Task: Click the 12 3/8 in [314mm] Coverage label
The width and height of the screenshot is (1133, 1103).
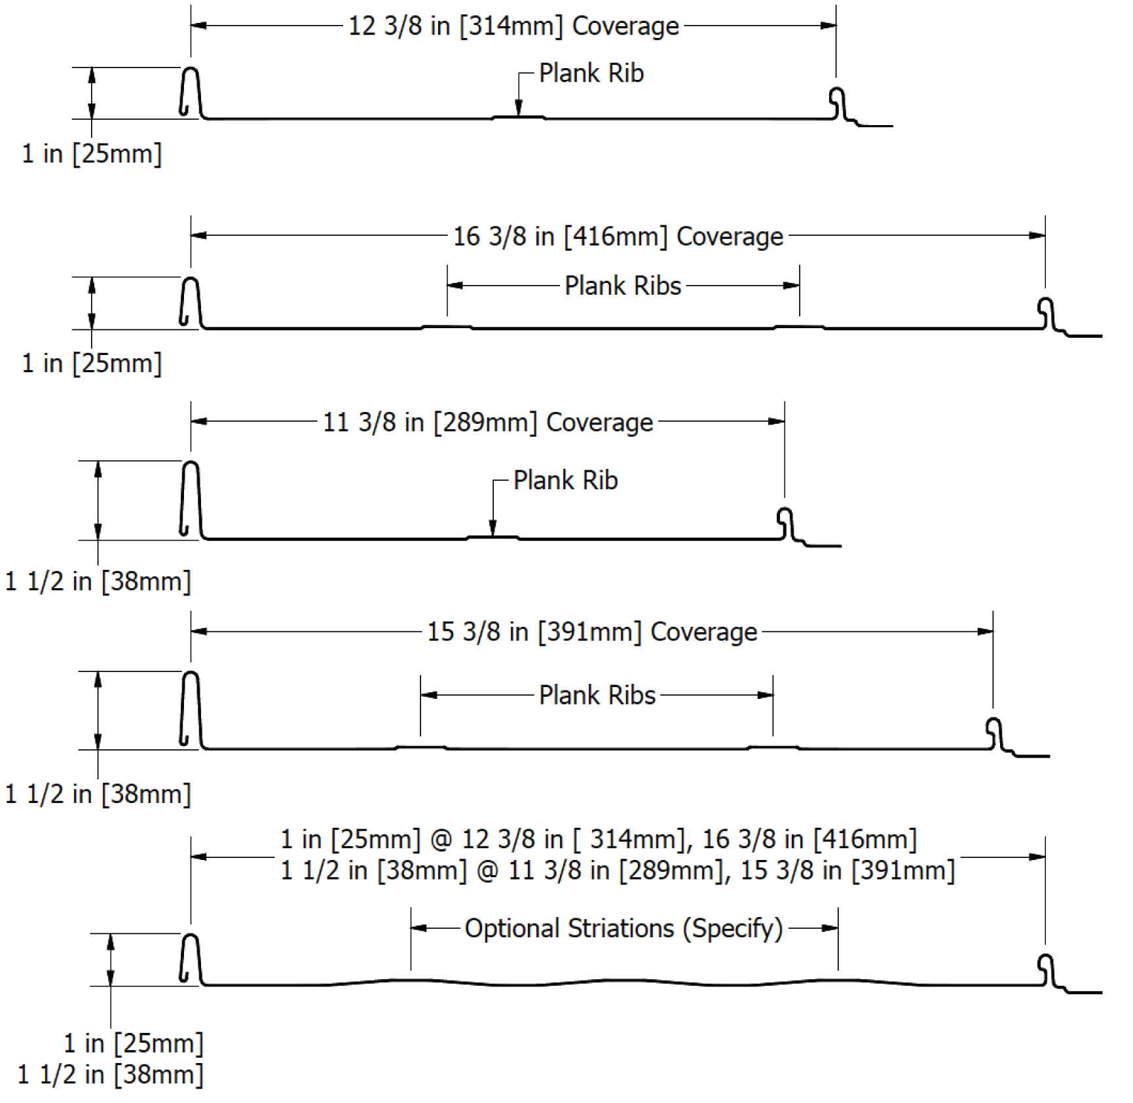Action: click(x=514, y=26)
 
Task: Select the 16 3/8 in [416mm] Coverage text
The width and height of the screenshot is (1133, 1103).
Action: click(x=618, y=236)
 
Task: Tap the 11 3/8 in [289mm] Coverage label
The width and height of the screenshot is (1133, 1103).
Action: click(x=488, y=422)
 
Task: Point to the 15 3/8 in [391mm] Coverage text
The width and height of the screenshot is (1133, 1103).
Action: click(x=592, y=632)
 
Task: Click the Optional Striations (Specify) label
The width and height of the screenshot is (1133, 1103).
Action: click(x=623, y=929)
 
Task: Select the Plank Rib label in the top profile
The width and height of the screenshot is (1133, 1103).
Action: click(x=591, y=73)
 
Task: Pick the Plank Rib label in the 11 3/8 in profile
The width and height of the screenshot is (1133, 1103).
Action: click(x=565, y=481)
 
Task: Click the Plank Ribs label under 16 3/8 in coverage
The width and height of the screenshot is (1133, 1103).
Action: click(x=623, y=286)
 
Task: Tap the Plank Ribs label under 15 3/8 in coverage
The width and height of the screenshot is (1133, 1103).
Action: click(x=597, y=695)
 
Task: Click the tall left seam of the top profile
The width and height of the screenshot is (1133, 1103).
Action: click(x=191, y=92)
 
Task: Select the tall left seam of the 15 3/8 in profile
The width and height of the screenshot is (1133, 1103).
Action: click(x=191, y=709)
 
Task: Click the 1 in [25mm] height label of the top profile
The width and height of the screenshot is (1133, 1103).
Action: click(x=92, y=154)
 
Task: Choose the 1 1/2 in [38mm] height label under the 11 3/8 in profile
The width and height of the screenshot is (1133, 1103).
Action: click(x=98, y=582)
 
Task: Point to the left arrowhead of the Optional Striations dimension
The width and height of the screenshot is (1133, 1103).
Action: click(x=419, y=928)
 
